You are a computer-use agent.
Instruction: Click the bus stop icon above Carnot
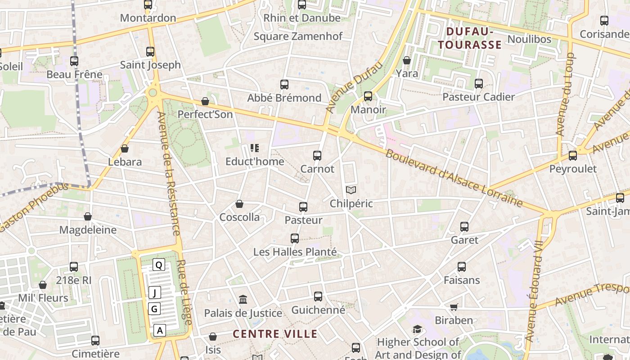pos(317,156)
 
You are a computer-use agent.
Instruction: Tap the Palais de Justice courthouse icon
pos(243,299)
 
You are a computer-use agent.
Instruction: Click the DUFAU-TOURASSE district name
pos(470,38)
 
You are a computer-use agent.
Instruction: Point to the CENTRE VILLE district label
pos(275,334)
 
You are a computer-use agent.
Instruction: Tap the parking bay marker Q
pos(158,265)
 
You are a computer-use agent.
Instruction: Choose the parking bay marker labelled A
pos(159,330)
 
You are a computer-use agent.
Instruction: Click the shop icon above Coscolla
pos(239,204)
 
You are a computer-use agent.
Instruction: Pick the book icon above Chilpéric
pos(351,190)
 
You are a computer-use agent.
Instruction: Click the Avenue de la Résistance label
pos(168,173)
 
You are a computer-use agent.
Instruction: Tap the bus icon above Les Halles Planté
pos(295,238)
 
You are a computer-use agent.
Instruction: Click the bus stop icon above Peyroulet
pos(572,156)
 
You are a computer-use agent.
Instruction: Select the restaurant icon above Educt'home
pos(255,148)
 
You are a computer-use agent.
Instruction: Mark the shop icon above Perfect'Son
pos(205,101)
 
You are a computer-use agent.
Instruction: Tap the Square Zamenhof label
pos(298,36)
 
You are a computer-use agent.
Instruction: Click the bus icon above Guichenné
pos(318,297)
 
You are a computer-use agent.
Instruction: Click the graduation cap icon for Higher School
pos(417,329)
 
